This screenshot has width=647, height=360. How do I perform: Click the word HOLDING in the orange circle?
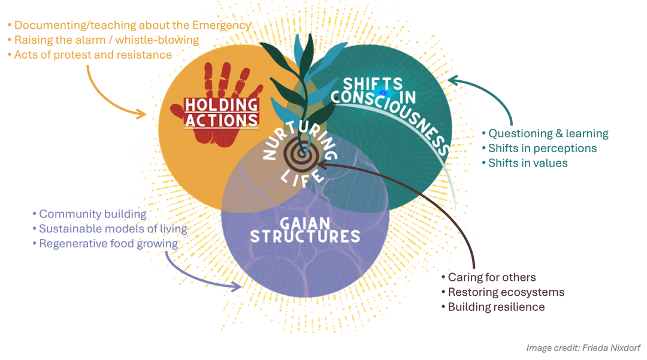point(221,104)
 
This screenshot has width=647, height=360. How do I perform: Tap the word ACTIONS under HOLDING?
point(221,120)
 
